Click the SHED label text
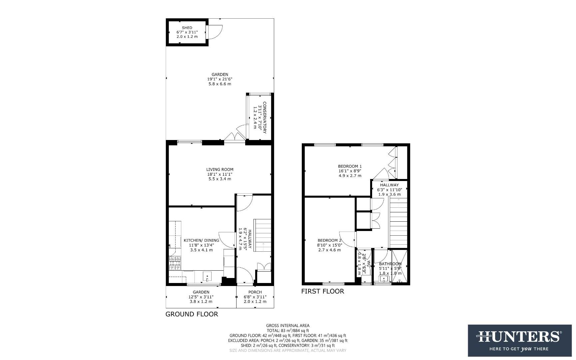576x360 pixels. [187, 28]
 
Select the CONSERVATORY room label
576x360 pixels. [265, 117]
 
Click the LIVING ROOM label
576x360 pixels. [220, 169]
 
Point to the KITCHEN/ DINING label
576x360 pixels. [201, 240]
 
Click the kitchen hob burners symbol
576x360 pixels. [175, 263]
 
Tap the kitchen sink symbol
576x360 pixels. [207, 277]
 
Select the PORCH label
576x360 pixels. [255, 292]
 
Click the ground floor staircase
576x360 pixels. [263, 235]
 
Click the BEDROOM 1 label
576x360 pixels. [349, 166]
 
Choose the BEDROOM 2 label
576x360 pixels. [329, 240]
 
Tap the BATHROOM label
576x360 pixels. [390, 264]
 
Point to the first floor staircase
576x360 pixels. [398, 222]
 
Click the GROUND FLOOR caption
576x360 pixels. [192, 314]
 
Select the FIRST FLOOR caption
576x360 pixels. [322, 291]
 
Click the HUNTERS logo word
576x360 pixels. [519, 336]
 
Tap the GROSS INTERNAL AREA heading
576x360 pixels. [288, 326]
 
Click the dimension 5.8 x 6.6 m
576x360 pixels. [220, 84]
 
